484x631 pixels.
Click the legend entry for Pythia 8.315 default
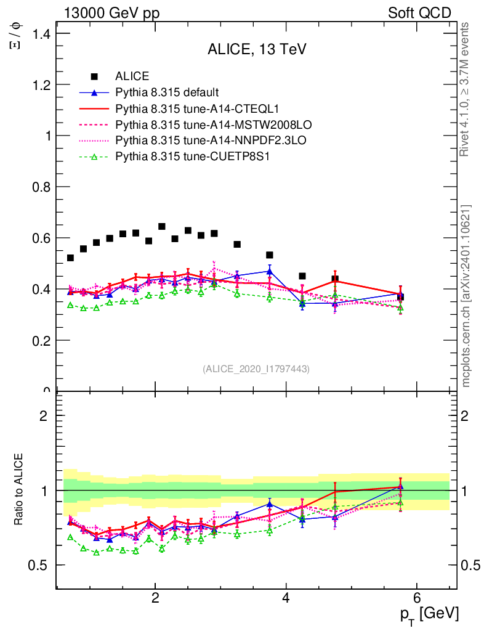[x=166, y=92]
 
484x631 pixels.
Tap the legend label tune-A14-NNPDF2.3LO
[x=211, y=140]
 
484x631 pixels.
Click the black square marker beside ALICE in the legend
[x=94, y=76]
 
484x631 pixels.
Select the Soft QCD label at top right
[x=419, y=13]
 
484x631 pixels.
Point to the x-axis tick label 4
[x=286, y=597]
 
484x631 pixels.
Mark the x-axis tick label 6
[x=417, y=597]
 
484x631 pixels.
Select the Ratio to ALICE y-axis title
[x=19, y=490]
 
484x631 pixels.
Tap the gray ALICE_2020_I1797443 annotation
[x=256, y=368]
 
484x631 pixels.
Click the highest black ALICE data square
[x=162, y=227]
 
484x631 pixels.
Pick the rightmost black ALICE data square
[x=400, y=297]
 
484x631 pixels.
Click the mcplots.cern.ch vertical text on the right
[x=467, y=296]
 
